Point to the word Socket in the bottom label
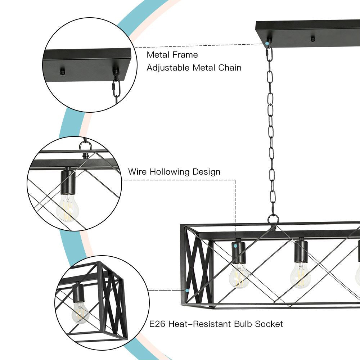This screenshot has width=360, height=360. pos(269,324)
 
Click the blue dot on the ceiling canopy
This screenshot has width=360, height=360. pos(267,44)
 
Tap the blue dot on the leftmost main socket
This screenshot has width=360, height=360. pos(235,246)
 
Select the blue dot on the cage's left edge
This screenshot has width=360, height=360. pos(187,290)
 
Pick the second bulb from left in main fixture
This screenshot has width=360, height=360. pos(300,276)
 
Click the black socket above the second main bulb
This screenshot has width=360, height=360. pos(301,251)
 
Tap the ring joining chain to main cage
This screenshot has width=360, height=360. pos(273,219)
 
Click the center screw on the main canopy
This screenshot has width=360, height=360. pos(312,38)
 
